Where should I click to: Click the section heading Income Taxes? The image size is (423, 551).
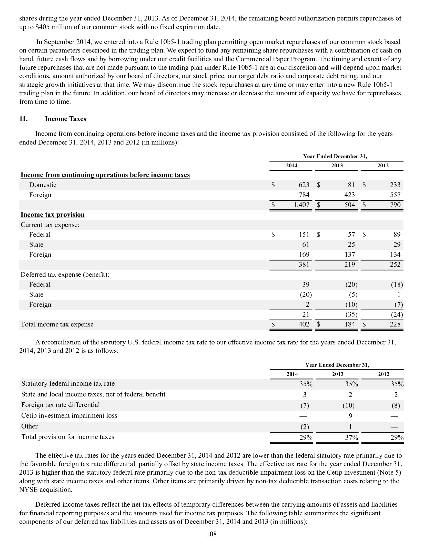coord(65,119)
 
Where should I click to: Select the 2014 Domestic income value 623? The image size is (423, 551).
coord(304,185)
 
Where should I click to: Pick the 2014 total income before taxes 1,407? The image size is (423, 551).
coord(301,205)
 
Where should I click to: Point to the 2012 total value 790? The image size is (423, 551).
coord(395,205)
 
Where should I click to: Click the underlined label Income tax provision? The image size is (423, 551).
coord(53,215)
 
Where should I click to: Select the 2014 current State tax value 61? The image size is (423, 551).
coord(306,244)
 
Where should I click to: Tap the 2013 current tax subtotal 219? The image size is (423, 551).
coord(349,264)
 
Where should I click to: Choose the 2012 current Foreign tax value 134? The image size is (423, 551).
coord(395,254)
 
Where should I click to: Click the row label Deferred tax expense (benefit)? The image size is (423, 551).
coord(65,274)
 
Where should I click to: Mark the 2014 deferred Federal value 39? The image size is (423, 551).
coord(306,284)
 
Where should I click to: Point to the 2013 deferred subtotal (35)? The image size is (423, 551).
coord(351,314)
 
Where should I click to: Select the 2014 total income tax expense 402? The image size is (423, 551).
coord(304,324)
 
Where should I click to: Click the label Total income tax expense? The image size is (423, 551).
coord(57,324)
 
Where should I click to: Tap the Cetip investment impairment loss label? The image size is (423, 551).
coord(69,415)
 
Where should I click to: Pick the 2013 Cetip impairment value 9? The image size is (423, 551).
coord(350,416)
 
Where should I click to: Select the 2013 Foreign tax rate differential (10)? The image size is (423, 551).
coord(349,405)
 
